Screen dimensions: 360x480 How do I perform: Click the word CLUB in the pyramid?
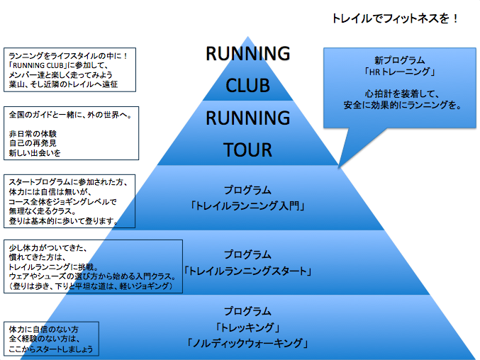(x=247, y=85)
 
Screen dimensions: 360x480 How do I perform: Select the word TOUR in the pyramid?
(x=247, y=150)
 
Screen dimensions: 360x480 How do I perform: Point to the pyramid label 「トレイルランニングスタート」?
(x=247, y=271)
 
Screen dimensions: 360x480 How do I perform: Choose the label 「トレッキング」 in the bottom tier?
(x=247, y=327)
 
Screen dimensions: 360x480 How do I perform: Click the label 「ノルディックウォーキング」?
(x=247, y=343)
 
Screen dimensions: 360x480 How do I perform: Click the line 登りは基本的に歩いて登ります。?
(x=61, y=222)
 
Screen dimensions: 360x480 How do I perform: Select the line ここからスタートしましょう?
(x=50, y=350)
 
